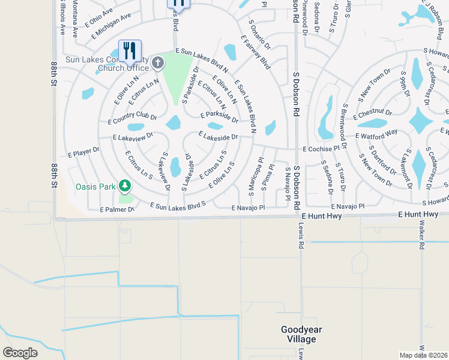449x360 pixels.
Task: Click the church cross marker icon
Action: pyautogui.click(x=157, y=62)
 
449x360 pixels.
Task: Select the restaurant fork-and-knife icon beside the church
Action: pyautogui.click(x=130, y=51)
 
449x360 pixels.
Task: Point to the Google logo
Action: pyautogui.click(x=20, y=353)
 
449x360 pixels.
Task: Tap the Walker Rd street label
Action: pyautogui.click(x=422, y=236)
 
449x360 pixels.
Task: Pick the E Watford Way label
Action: pyautogui.click(x=376, y=134)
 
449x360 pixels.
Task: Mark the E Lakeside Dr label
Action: pyautogui.click(x=219, y=137)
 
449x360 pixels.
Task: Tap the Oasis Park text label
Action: pyautogui.click(x=95, y=187)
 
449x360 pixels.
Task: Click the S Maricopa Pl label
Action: pyautogui.click(x=253, y=176)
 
